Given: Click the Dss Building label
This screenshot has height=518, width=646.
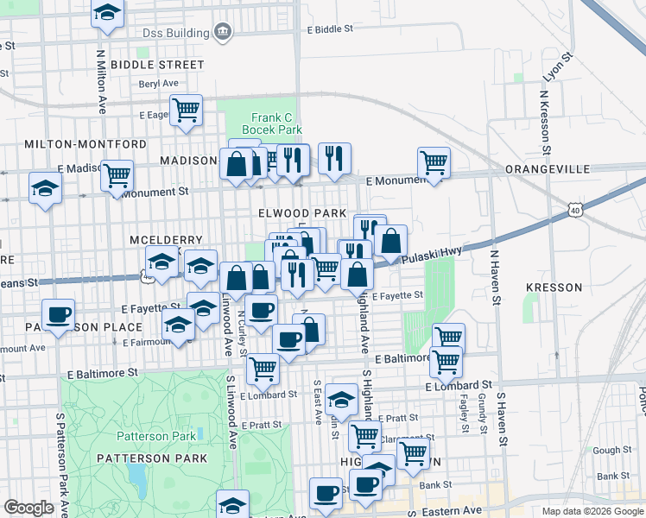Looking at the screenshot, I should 179,33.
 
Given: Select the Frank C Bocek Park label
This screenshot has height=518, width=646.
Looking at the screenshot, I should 276,123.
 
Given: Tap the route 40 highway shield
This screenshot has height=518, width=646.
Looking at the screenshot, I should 575,210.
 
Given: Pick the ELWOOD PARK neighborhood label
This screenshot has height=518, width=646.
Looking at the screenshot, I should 301,212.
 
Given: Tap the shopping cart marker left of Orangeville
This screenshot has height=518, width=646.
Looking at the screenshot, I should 434,161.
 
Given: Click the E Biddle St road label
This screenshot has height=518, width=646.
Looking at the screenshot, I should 330,28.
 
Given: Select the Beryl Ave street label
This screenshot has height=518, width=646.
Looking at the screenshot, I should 158,84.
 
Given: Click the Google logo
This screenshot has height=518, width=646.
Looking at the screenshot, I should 29,508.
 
